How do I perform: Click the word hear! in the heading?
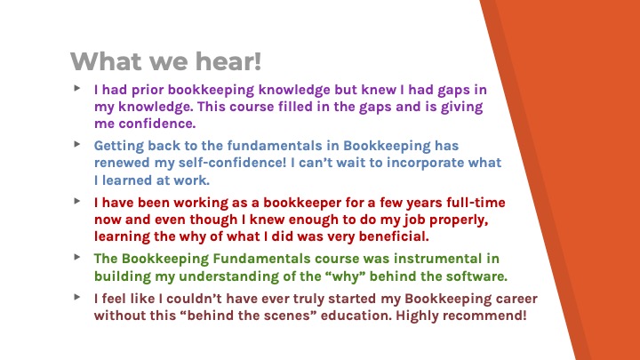click(228, 61)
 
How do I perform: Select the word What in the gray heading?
click(106, 61)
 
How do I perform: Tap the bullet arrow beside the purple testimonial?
click(77, 88)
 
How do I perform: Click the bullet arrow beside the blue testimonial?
click(77, 144)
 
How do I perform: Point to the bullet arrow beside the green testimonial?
click(77, 257)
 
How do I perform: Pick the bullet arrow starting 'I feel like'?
click(77, 297)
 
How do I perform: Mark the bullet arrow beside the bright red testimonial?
click(77, 200)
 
